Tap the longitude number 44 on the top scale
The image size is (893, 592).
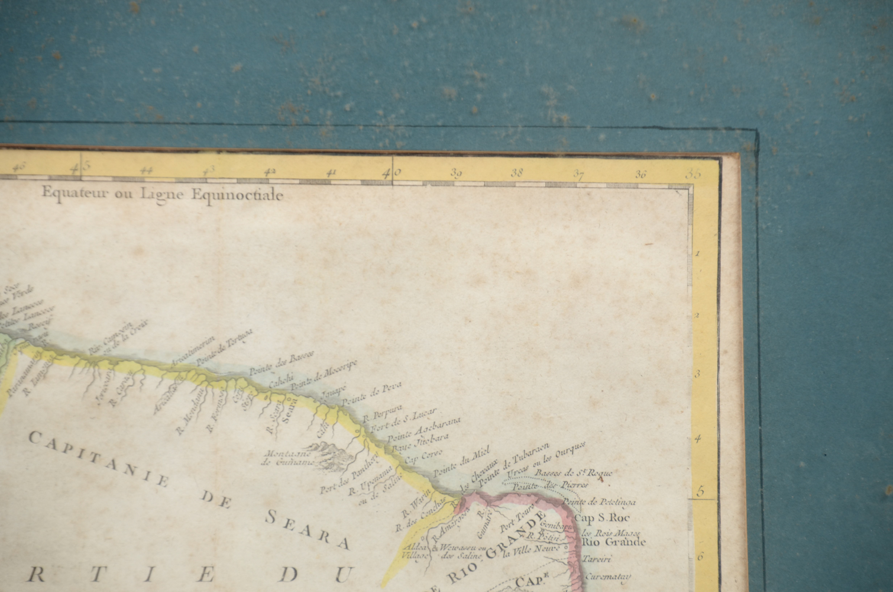point(147,171)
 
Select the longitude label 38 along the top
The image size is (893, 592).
point(517,173)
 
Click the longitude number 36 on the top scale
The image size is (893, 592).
point(641,175)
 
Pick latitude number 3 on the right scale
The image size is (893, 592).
point(697,374)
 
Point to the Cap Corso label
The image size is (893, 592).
point(419,459)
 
